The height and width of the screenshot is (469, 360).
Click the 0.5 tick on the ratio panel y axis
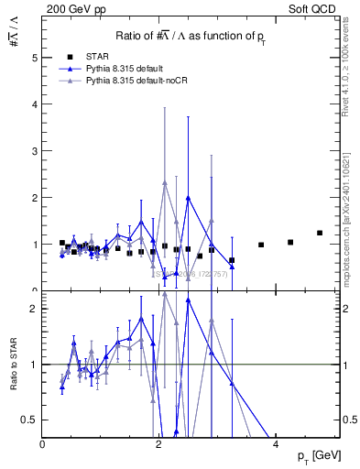pos(32,420)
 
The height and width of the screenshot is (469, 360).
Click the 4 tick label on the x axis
pos(276,443)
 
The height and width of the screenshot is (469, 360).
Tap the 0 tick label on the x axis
pos(43,443)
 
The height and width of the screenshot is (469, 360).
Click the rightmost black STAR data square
pos(320,233)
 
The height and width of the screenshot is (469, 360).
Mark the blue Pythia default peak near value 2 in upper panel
pos(188,198)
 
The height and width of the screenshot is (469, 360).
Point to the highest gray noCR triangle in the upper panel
pos(165,183)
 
